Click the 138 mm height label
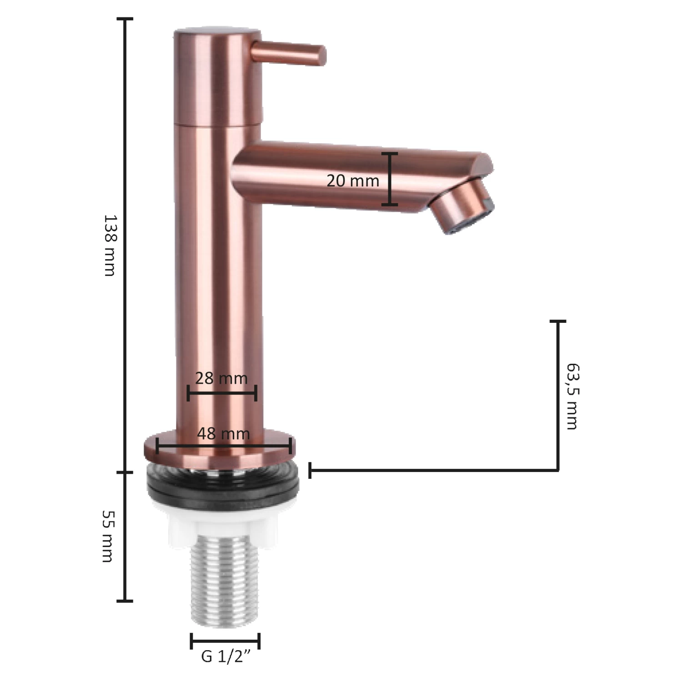click(110, 246)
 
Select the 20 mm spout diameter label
click(353, 181)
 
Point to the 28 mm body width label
click(221, 378)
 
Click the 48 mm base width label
click(223, 434)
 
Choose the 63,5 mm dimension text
click(572, 396)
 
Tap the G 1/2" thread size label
click(226, 656)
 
